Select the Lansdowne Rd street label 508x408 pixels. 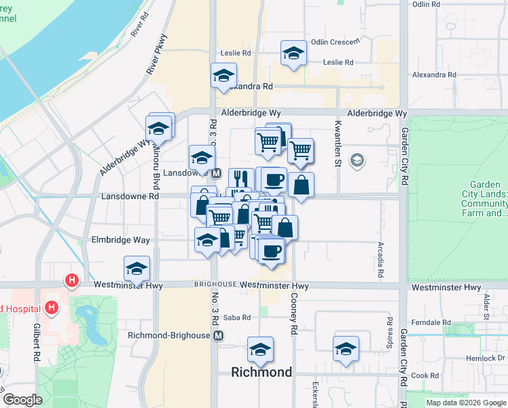coord(130,197)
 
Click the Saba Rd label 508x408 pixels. coord(237,318)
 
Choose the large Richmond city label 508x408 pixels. coord(261,372)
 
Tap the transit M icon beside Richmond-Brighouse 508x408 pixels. coord(218,336)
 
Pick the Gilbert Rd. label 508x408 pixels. coord(36,343)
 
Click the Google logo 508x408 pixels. coord(22,400)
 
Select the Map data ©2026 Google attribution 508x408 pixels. coord(466,403)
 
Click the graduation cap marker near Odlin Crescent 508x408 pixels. coord(293,54)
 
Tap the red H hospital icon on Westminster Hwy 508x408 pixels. coord(71,279)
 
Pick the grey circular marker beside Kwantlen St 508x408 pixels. coord(356,160)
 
